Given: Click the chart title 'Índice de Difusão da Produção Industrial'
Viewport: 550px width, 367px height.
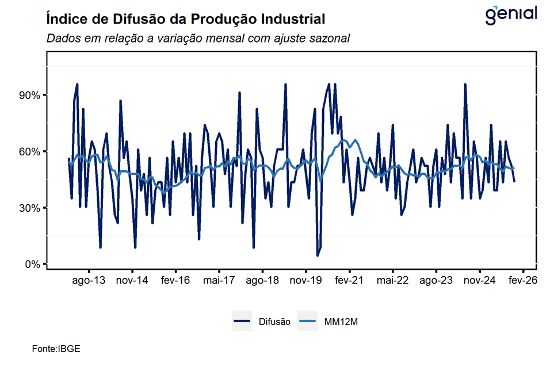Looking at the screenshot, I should click(185, 20).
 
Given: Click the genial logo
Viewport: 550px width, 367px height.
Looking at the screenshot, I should click(510, 14).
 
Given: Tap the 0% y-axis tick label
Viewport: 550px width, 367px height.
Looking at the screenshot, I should click(31, 265).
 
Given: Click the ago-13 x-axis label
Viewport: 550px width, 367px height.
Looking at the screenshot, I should click(89, 281).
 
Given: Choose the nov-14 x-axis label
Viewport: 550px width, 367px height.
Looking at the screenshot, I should click(132, 281).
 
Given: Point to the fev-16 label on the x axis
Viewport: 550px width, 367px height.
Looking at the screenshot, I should click(175, 281).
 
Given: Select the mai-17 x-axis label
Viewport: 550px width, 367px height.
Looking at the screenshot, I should click(219, 281).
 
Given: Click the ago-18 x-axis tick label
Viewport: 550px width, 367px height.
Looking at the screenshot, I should click(262, 281).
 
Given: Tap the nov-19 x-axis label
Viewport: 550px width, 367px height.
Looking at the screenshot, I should click(305, 281).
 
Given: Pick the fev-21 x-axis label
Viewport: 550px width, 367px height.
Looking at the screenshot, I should click(349, 281).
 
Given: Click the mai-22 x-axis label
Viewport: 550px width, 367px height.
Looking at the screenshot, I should click(392, 281).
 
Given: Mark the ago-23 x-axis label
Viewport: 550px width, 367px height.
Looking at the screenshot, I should click(436, 281).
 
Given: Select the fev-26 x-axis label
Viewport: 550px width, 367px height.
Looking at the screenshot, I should click(522, 281).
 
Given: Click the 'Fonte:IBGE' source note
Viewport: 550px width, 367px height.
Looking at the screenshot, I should click(57, 349).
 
